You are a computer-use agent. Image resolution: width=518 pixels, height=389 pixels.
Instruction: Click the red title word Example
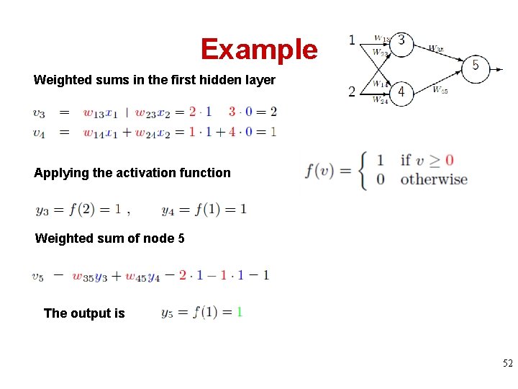coord(259,49)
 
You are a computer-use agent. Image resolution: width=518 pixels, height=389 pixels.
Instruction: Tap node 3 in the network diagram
coord(401,43)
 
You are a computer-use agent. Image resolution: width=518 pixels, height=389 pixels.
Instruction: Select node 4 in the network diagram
coord(401,92)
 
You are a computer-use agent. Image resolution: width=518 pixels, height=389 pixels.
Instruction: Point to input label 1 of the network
coord(352,39)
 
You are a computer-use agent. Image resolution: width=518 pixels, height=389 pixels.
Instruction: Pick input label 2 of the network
coord(352,91)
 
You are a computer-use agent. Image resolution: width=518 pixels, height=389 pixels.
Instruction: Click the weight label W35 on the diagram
coord(436,48)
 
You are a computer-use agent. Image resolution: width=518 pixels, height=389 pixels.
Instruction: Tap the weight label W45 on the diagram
coord(440,90)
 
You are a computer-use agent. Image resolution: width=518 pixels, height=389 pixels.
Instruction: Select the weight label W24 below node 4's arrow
coord(381,100)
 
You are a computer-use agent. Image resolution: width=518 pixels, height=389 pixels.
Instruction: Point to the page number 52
coord(508,365)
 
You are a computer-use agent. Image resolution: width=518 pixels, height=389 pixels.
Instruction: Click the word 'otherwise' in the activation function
coord(434,179)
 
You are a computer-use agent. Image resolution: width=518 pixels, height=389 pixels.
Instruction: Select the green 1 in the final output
coord(240,312)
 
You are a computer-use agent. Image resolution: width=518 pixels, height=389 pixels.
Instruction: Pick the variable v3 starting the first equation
coord(39,112)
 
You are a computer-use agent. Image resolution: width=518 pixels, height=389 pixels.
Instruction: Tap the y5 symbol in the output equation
coord(167,313)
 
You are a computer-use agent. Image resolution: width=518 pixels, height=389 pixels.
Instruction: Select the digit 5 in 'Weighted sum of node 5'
coord(181,238)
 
